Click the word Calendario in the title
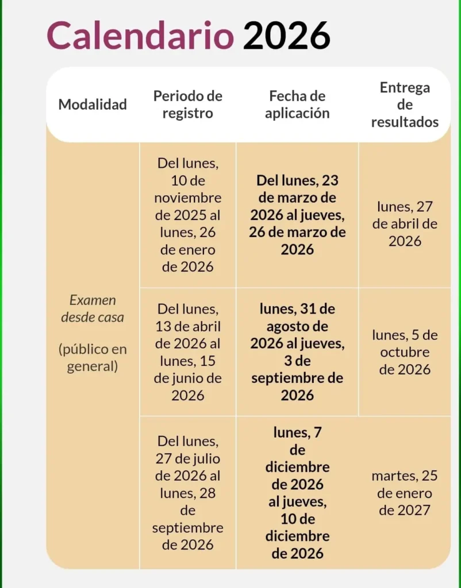(x=140, y=36)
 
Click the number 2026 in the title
(x=286, y=36)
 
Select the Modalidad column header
(x=93, y=105)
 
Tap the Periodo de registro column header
(x=187, y=105)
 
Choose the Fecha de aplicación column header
(x=297, y=105)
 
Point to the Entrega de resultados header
(x=405, y=105)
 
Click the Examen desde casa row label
(x=93, y=308)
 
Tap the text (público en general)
(x=93, y=358)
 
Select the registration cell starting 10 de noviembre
(x=187, y=215)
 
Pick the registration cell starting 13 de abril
(x=187, y=352)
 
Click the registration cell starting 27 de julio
(x=187, y=493)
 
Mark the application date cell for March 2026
(x=297, y=215)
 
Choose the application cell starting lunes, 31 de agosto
(x=297, y=352)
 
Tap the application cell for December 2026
(x=297, y=493)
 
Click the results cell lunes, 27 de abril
(x=405, y=223)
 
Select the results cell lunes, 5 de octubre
(x=405, y=352)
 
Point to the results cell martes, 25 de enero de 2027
(x=405, y=493)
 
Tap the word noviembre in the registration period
(x=187, y=198)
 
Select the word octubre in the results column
(x=405, y=352)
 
